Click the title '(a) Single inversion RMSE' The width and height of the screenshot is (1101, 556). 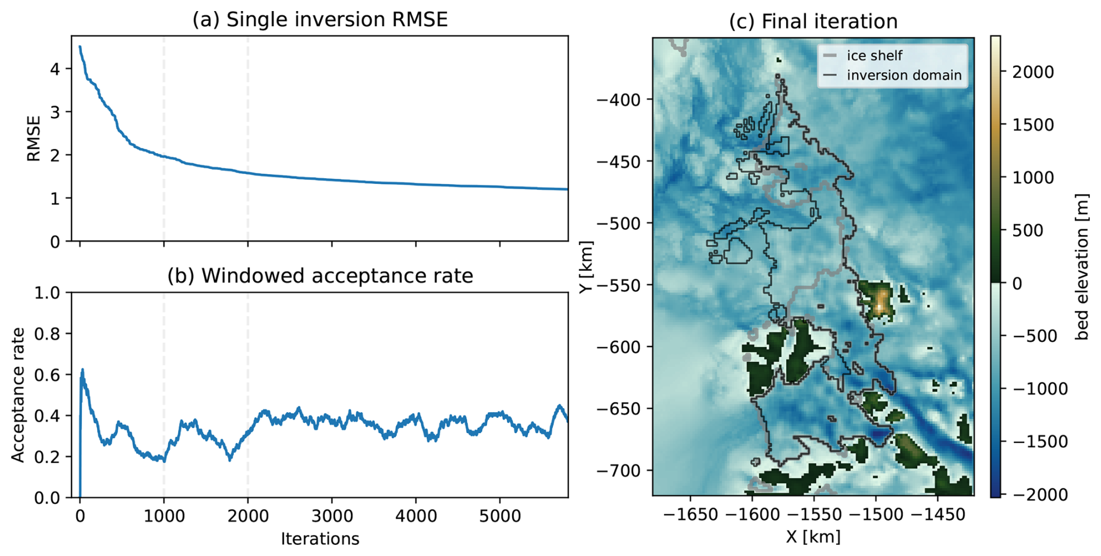319,20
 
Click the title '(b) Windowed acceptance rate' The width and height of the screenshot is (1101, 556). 319,275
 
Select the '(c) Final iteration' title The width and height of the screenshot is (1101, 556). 813,22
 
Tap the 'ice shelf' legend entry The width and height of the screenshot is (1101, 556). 874,55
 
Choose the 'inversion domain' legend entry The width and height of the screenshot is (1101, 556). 904,75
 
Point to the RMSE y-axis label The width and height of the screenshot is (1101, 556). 34,139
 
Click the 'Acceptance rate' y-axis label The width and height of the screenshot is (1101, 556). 19,395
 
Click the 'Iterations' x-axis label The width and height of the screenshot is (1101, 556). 319,539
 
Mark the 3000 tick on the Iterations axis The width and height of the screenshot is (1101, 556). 332,516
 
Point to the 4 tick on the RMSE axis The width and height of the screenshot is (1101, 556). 55,69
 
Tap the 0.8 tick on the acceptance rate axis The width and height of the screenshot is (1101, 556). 47,334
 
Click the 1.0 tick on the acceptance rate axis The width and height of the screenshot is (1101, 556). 47,292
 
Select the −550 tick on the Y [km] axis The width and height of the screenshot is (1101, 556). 618,285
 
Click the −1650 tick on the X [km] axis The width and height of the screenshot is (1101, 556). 690,515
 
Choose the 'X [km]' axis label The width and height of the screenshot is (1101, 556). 813,537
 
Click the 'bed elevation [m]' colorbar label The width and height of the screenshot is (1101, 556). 1082,267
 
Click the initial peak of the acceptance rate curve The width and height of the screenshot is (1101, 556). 83,369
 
